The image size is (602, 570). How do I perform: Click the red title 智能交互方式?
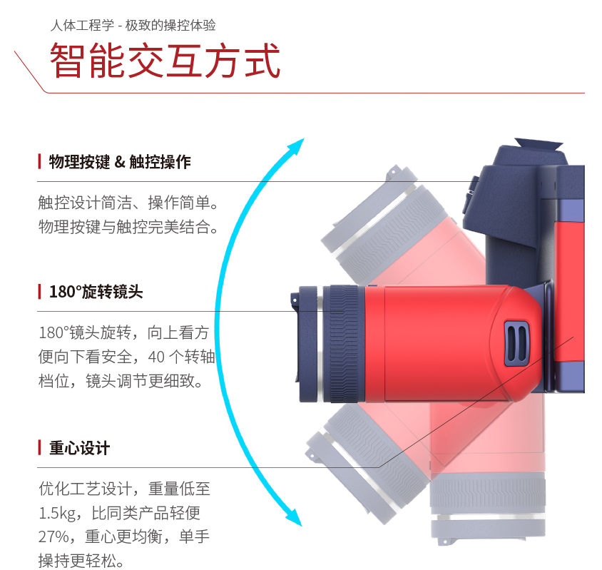click(x=165, y=61)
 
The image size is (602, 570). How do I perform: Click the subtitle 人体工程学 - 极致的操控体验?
click(x=133, y=26)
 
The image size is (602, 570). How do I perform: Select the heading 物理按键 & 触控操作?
click(x=120, y=162)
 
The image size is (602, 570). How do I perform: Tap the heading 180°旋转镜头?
click(x=96, y=292)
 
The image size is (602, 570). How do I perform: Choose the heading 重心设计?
click(x=79, y=448)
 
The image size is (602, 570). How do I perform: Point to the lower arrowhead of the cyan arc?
click(x=294, y=517)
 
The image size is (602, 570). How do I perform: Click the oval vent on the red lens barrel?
click(x=517, y=343)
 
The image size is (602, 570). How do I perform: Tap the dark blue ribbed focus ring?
click(x=344, y=344)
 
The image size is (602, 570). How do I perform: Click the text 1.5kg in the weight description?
click(x=57, y=513)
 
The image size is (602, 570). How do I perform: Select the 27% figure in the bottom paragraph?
click(x=53, y=536)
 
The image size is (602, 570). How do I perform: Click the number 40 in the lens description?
click(x=156, y=357)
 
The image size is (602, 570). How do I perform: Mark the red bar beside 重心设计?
click(x=39, y=448)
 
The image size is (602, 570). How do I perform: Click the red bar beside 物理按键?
click(x=39, y=162)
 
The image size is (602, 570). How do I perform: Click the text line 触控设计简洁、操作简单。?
click(x=128, y=203)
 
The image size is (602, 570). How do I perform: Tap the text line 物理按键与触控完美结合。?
click(x=128, y=227)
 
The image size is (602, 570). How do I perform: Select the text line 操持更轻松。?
click(x=81, y=561)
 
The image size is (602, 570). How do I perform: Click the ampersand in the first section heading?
click(x=120, y=162)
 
